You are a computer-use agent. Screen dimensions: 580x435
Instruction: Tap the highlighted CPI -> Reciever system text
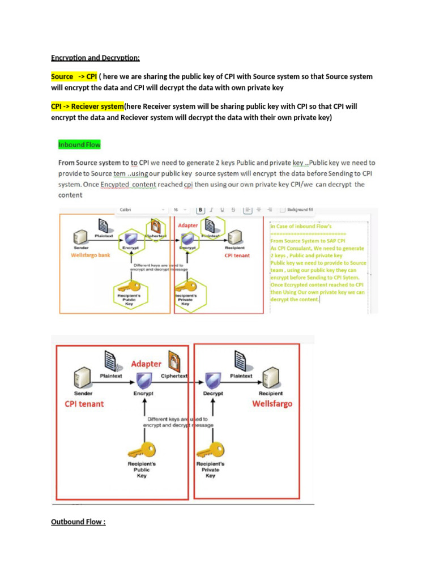[x=87, y=106]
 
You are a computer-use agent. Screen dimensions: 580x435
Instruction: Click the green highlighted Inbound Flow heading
[x=79, y=145]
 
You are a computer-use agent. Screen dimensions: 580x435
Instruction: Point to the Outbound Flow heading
[x=78, y=522]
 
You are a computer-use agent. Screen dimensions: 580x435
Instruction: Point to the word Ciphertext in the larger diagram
[x=174, y=376]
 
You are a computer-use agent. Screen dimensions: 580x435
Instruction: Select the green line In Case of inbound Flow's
[x=298, y=227]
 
